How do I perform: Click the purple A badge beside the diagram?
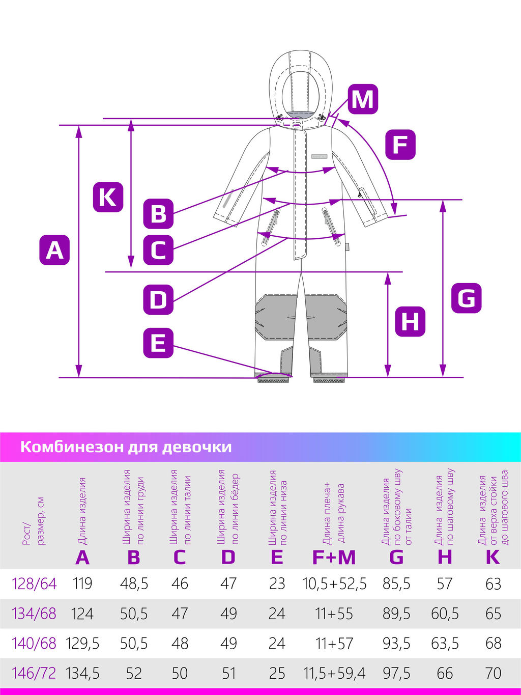[x=54, y=249]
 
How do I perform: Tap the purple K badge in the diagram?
[x=108, y=197]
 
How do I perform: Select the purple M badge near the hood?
[x=362, y=99]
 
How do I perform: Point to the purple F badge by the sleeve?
[x=400, y=145]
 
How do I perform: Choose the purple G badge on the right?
[x=466, y=298]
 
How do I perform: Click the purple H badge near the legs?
[x=410, y=321]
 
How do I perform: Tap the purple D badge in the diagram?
[x=158, y=299]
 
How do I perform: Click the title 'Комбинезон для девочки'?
[x=126, y=447]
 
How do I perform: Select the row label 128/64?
[x=34, y=583]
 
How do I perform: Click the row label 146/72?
[x=34, y=673]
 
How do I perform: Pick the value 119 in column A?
[x=82, y=583]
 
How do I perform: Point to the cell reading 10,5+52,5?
[x=334, y=583]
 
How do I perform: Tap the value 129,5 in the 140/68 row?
[x=82, y=644]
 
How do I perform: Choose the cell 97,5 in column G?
[x=396, y=673]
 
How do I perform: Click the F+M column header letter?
[x=334, y=558]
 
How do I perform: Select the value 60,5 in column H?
[x=445, y=614]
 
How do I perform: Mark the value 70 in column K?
[x=493, y=673]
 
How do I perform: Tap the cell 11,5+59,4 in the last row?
[x=334, y=673]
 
